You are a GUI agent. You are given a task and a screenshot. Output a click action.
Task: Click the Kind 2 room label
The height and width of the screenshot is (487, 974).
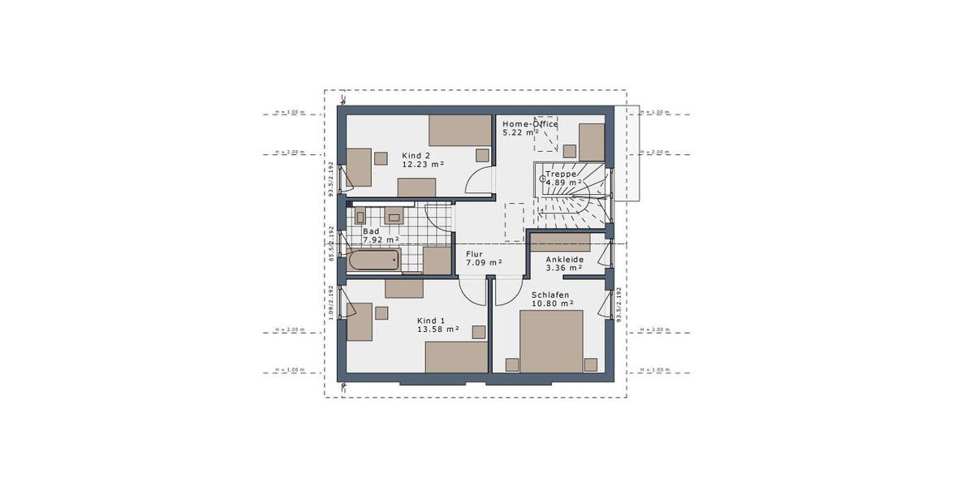point(416,155)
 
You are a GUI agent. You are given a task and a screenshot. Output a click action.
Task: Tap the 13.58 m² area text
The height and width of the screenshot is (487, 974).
point(437,329)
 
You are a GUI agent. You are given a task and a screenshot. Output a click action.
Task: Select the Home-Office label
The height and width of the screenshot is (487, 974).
point(530,123)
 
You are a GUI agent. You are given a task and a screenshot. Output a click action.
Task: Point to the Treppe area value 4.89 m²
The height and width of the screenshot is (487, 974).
point(564,183)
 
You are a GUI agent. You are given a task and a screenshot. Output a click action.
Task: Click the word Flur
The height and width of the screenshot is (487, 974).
point(474,253)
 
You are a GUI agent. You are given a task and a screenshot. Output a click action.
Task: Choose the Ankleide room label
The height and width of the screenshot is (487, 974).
point(564,259)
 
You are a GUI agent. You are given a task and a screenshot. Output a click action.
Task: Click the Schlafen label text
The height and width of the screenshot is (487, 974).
point(549,295)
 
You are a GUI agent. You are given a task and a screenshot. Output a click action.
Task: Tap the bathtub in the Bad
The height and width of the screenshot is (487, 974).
point(374,261)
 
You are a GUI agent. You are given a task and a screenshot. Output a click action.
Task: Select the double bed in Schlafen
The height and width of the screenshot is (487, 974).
point(552,341)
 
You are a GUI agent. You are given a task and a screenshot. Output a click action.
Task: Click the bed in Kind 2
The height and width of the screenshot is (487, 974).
point(460,129)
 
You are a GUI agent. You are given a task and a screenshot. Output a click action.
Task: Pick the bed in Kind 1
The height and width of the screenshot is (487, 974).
point(456,357)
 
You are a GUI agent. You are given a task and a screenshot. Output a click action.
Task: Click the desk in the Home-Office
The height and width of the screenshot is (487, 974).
point(593,142)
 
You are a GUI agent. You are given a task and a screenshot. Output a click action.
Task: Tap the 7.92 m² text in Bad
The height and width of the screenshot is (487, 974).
point(381,239)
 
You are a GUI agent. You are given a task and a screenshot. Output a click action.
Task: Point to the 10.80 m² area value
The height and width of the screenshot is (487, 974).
point(552,304)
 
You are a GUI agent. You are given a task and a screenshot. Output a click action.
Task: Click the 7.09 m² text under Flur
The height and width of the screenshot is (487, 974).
point(483,262)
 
